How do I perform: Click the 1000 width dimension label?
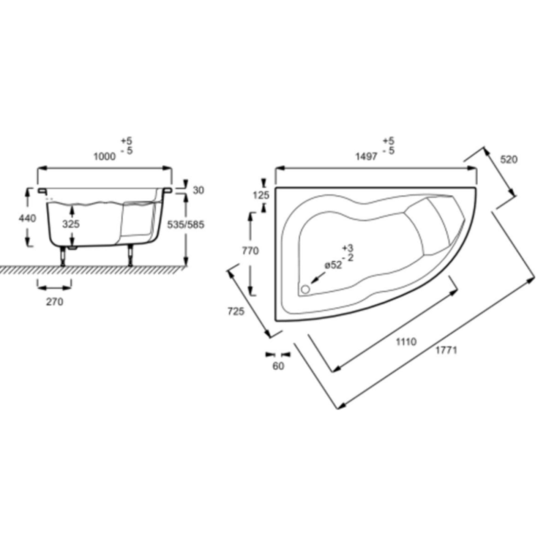pyautogui.click(x=105, y=156)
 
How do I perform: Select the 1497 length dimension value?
pyautogui.click(x=366, y=156)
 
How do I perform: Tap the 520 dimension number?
pyautogui.click(x=509, y=160)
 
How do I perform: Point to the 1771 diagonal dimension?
pyautogui.click(x=446, y=350)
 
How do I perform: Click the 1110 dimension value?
pyautogui.click(x=406, y=342)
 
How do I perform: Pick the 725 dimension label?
pyautogui.click(x=236, y=311)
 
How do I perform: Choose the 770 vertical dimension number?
pyautogui.click(x=250, y=251)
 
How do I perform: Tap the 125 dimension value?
pyautogui.click(x=261, y=195)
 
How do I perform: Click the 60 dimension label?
pyautogui.click(x=278, y=366)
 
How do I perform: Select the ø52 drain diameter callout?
pyautogui.click(x=333, y=265)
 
